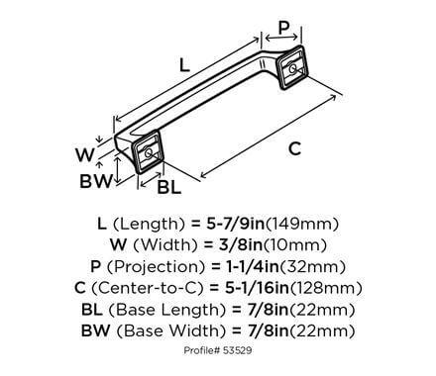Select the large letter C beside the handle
point(293,149)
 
